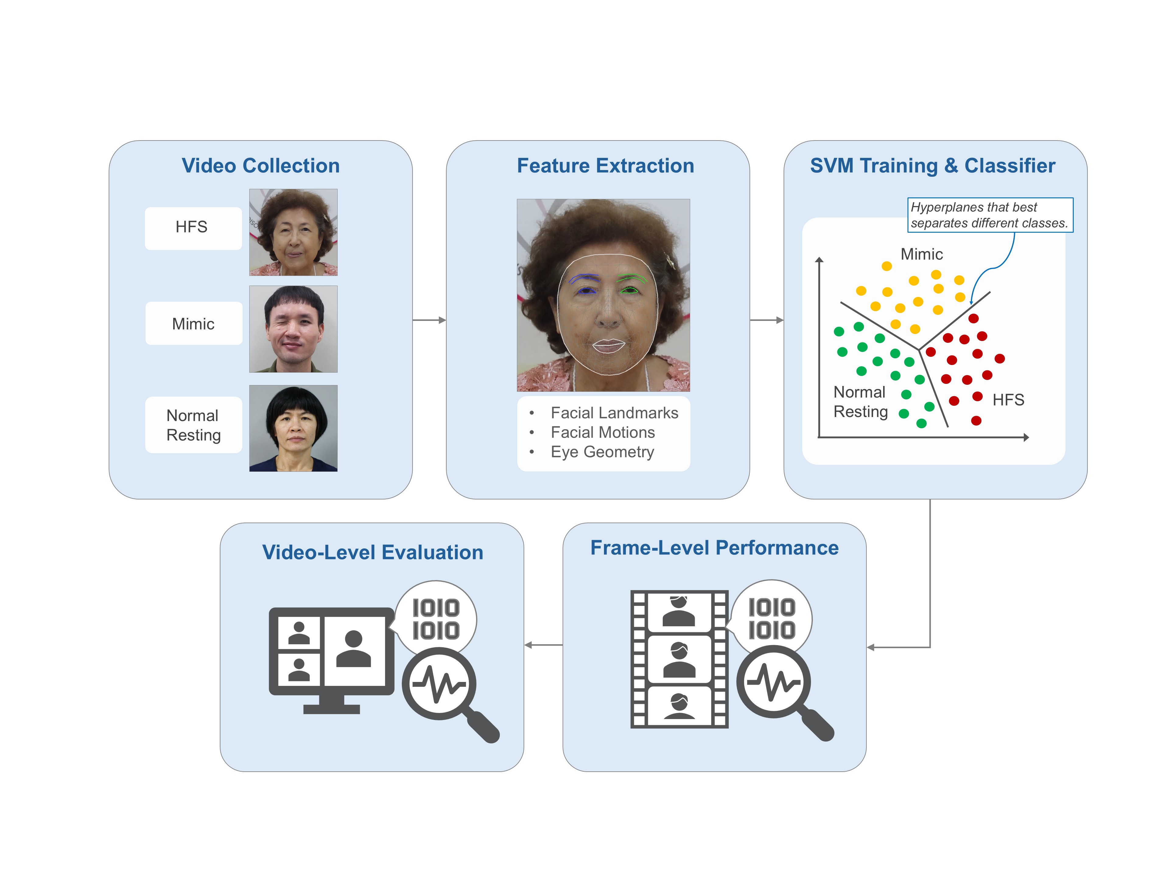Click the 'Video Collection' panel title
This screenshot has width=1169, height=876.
(261, 166)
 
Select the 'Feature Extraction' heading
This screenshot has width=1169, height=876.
(605, 166)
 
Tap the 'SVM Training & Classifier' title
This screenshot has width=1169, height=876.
(933, 166)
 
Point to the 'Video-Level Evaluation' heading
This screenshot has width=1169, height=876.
(373, 552)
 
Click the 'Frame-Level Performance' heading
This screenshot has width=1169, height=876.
(714, 548)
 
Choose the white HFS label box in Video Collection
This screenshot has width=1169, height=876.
(193, 228)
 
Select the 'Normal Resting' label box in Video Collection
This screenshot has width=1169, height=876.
(193, 425)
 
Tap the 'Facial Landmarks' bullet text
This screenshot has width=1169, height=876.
(614, 413)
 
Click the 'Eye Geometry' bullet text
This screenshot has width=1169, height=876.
(602, 452)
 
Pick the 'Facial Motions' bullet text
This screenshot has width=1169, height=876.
(602, 433)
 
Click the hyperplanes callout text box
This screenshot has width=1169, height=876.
(990, 215)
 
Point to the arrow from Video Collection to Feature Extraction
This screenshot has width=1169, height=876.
(429, 320)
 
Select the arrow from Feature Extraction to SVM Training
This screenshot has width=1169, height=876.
(767, 320)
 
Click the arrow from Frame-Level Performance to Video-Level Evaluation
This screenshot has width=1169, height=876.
(543, 645)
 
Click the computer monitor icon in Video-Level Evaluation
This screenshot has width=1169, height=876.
(331, 660)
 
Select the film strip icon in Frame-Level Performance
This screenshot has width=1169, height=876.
(679, 659)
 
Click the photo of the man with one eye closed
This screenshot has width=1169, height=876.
(293, 329)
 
